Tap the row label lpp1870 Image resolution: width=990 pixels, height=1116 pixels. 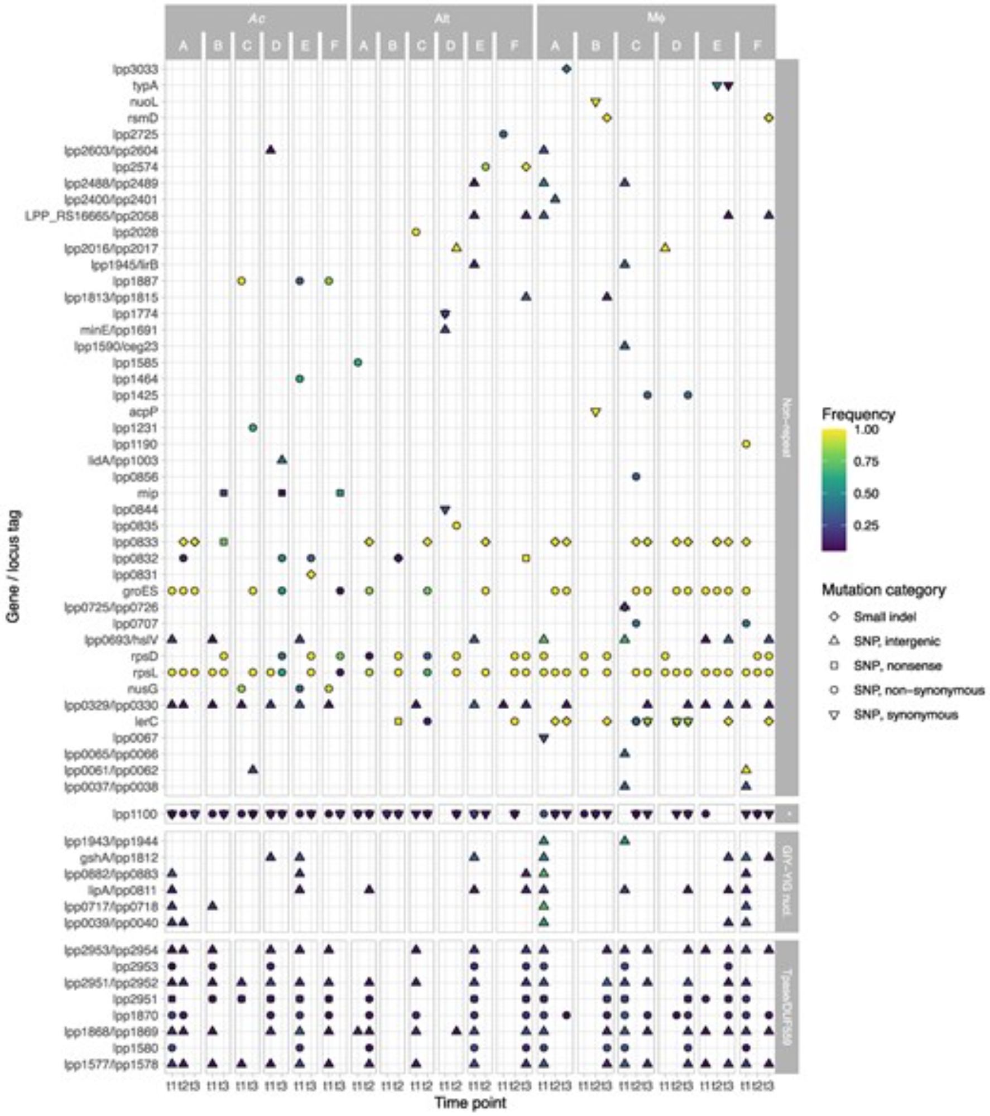[x=138, y=1015]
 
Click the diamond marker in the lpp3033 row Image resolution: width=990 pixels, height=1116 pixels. [x=566, y=69]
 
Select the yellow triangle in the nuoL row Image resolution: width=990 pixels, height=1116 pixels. [x=595, y=102]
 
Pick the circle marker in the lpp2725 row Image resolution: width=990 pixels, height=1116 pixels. [x=503, y=134]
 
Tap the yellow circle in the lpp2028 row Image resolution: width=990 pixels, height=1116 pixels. [x=416, y=232]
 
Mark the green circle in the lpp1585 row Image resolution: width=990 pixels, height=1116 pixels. [x=358, y=363]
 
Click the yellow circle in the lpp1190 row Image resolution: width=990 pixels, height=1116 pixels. [x=746, y=444]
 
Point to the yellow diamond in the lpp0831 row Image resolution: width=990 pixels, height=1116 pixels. [x=311, y=574]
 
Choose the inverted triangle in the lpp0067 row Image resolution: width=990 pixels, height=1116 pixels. [x=544, y=738]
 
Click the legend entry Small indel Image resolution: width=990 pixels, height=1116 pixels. [x=885, y=617]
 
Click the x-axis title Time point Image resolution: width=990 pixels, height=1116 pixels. [x=470, y=1103]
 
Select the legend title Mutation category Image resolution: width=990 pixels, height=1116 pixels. [x=883, y=590]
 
